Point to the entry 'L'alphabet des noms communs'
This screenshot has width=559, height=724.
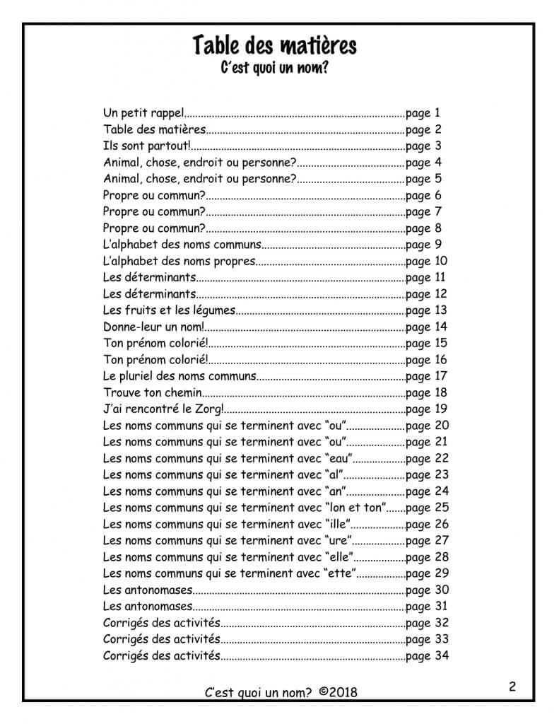pos(182,245)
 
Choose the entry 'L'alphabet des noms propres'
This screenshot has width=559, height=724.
pos(178,262)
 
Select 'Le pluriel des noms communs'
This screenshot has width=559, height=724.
pos(180,376)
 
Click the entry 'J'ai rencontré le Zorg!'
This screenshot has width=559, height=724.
pos(163,409)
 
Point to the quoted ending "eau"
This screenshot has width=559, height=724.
pos(338,458)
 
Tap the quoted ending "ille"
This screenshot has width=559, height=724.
pos(338,524)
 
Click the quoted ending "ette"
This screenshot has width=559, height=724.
pos(340,573)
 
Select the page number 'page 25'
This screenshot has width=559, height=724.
pos(428,508)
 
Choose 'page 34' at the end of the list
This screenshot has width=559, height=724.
pos(428,655)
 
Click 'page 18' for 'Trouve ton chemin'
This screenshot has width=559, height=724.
pos(428,392)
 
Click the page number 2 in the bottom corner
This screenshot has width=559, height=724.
pos(512,687)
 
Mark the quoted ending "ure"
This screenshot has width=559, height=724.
pos(337,541)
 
